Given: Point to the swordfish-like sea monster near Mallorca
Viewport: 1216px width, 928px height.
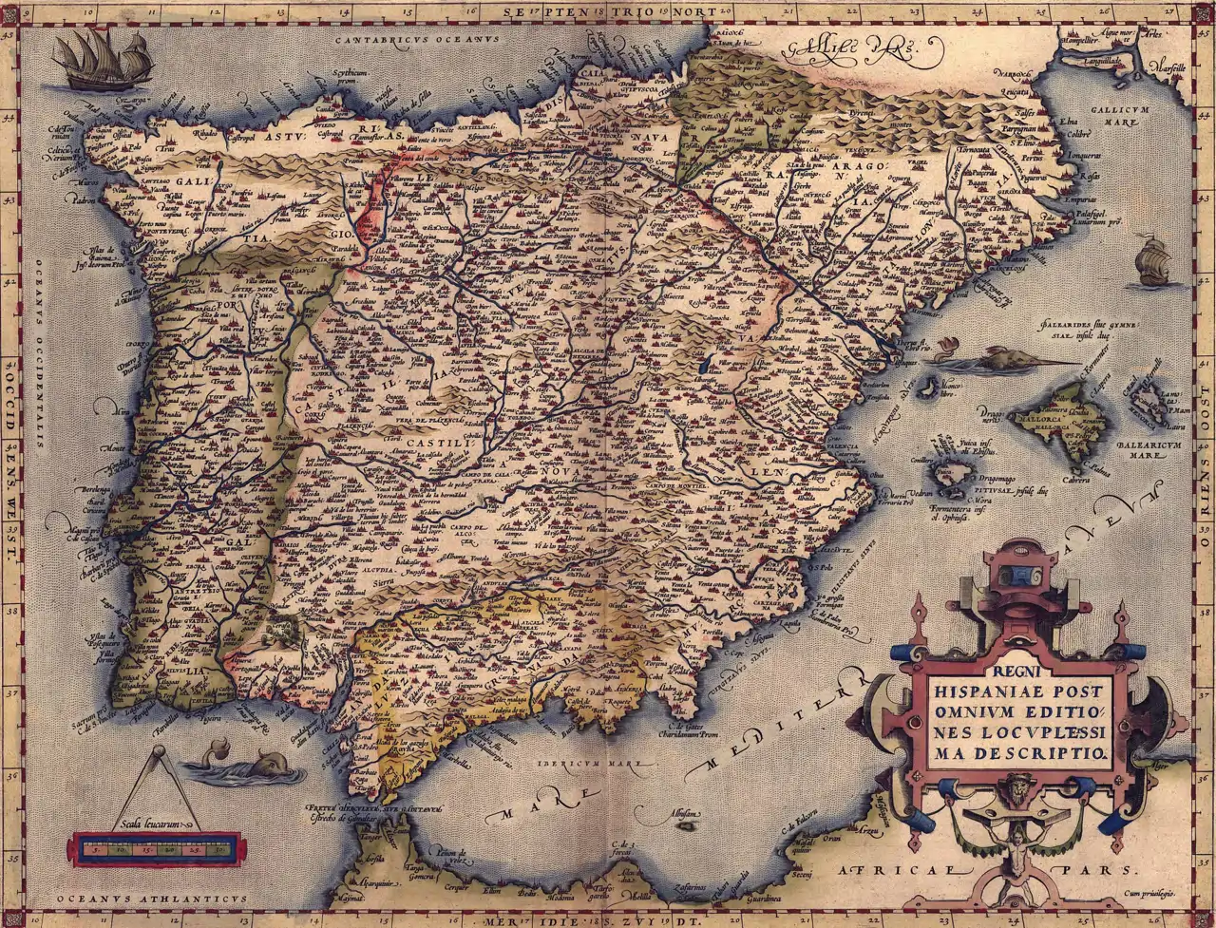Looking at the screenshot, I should pos(997,360).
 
